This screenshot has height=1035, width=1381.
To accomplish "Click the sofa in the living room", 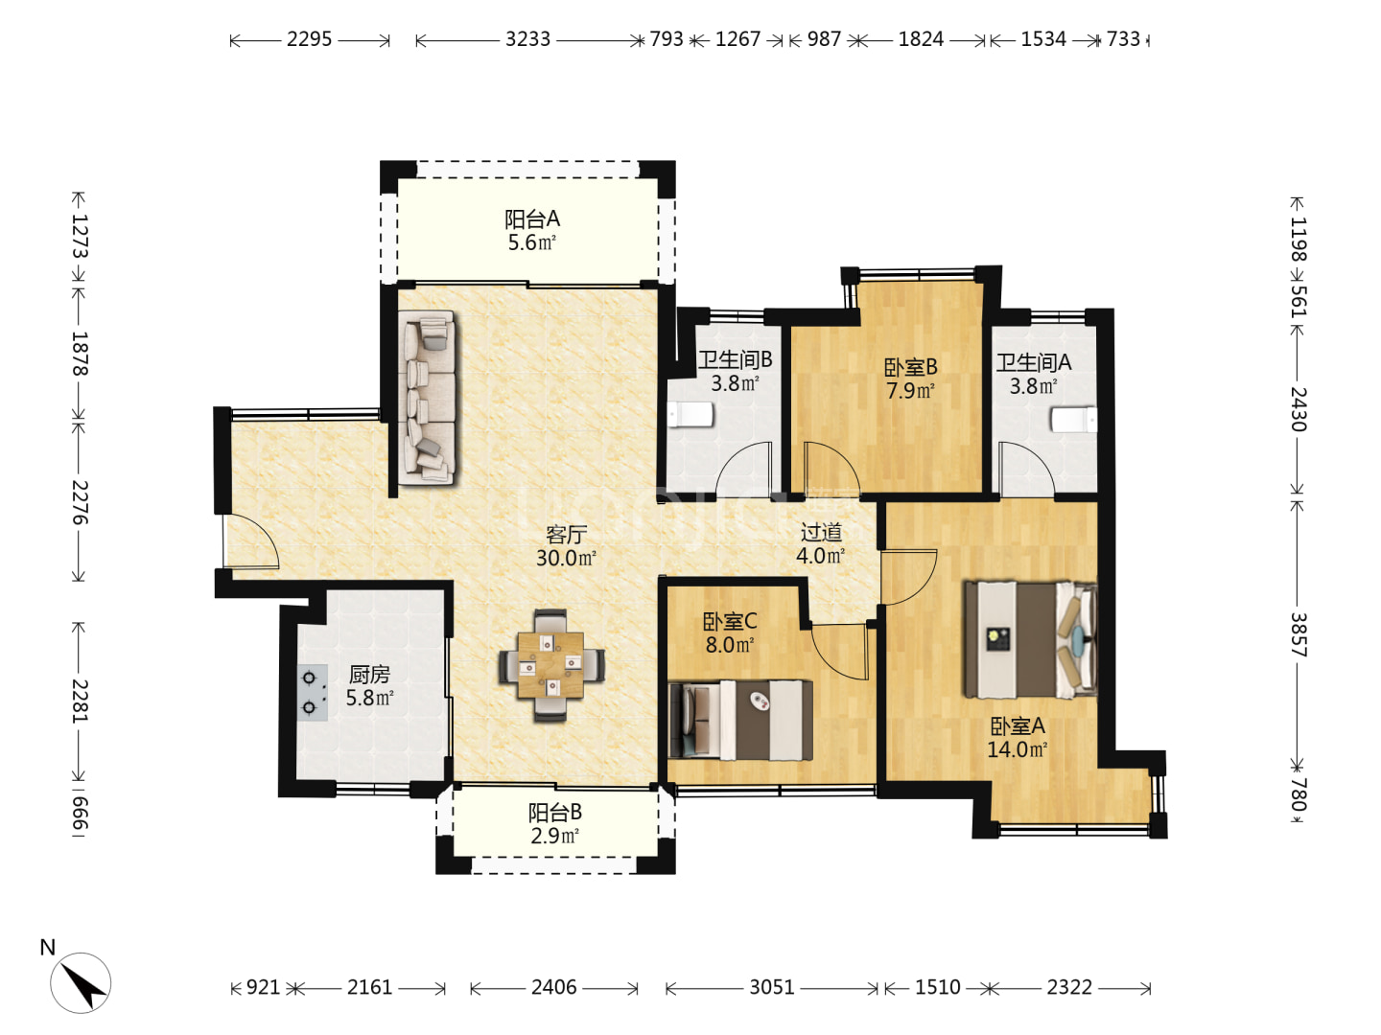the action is click(x=427, y=397).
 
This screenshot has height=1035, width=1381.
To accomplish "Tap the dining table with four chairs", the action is click(x=551, y=665).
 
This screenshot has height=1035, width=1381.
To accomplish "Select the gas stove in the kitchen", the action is click(x=312, y=693).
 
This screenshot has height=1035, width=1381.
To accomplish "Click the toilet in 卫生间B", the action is click(x=690, y=415).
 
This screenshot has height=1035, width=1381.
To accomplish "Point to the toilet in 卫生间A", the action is click(x=1075, y=419).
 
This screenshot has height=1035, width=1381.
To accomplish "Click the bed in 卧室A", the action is click(x=1031, y=639).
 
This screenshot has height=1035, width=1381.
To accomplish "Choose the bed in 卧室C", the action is click(x=740, y=720).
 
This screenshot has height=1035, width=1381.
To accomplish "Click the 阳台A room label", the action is click(x=531, y=219).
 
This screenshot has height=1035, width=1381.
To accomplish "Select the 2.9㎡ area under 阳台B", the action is click(x=554, y=836).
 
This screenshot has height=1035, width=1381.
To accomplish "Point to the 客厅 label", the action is click(x=566, y=535).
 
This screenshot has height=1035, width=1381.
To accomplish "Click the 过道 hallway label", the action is click(x=820, y=533).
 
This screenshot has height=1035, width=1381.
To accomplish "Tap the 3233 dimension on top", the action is click(x=527, y=39).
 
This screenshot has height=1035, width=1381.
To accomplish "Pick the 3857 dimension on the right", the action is click(x=1298, y=634).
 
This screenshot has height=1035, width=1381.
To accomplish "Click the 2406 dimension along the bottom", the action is click(x=553, y=987).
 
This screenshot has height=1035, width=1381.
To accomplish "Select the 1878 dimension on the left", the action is click(x=80, y=354).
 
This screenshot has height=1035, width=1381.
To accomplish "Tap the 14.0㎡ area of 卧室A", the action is click(x=1017, y=749).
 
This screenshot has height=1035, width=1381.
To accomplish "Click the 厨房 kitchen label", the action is click(x=370, y=675).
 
